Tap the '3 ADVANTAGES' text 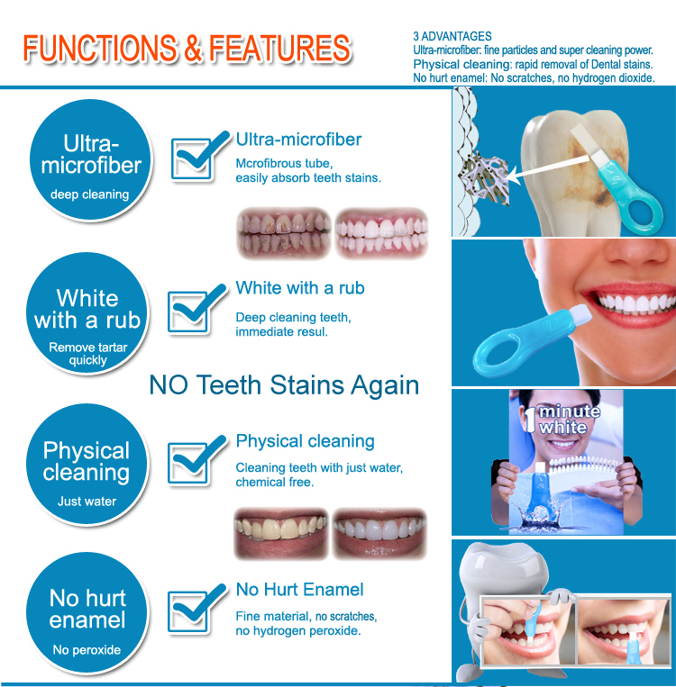(x=452, y=37)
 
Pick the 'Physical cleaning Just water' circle (x=87, y=465)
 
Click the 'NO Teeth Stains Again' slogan (x=284, y=385)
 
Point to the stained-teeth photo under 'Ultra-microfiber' (x=283, y=234)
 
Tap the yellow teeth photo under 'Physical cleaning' (x=281, y=534)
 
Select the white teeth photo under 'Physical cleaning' (x=379, y=534)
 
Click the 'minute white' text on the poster (x=569, y=419)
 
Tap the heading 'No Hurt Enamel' (x=300, y=590)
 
